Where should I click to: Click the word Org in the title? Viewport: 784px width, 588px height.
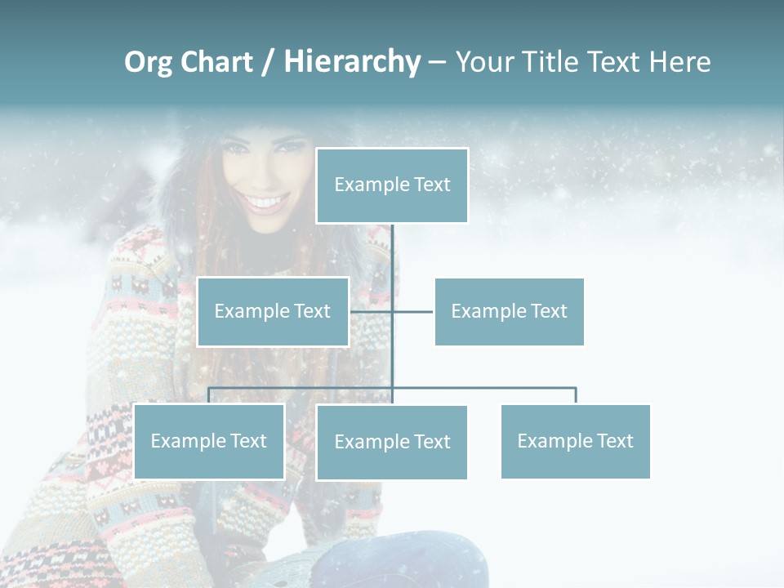148,62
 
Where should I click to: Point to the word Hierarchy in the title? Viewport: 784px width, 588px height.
351,62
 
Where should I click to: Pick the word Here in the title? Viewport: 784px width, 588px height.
679,62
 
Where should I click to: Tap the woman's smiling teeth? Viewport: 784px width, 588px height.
265,201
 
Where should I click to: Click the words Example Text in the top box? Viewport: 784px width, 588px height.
392,185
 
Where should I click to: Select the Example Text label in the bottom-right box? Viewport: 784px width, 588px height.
575,441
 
